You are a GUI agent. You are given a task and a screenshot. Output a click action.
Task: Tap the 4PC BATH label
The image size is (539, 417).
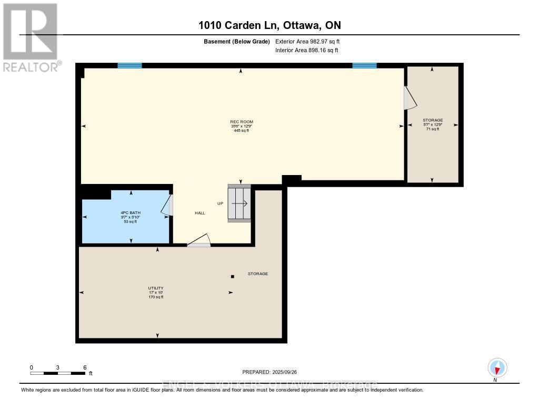tap(131, 212)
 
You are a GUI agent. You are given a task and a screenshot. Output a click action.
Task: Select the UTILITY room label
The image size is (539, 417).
tap(156, 288)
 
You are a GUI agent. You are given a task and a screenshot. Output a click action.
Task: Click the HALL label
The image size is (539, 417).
tap(199, 213)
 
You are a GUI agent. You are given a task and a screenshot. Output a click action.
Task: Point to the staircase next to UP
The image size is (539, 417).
tap(239, 203)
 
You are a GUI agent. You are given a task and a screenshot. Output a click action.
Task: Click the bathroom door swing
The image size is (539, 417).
tap(167, 205)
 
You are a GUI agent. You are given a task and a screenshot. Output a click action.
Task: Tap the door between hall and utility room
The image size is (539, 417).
tap(199, 241)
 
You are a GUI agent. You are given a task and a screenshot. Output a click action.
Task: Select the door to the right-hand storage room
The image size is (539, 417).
tap(408, 98)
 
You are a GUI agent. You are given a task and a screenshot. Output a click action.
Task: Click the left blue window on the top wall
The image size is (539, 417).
tap(129, 65)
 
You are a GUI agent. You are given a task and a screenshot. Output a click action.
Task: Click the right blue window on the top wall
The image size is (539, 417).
tap(364, 65)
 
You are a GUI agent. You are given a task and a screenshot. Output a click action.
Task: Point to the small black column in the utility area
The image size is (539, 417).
tap(232, 276)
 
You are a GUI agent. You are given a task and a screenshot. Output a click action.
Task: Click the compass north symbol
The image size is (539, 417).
tap(497, 367)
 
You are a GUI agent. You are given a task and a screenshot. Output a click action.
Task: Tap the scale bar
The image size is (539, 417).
tap(58, 373)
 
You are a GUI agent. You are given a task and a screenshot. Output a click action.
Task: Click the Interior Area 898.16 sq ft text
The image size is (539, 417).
tap(306, 50)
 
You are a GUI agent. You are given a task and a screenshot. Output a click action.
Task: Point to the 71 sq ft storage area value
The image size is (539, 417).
tap(432, 129)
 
